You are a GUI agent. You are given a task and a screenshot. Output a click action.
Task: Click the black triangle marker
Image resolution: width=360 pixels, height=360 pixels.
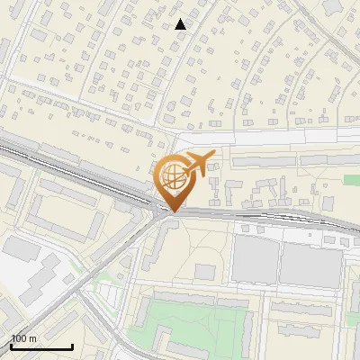point(181,24)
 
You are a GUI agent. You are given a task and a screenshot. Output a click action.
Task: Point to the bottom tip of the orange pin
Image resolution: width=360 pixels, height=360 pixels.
point(172,212)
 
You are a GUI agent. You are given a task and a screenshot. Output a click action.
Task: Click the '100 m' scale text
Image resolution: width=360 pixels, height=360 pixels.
point(23,338)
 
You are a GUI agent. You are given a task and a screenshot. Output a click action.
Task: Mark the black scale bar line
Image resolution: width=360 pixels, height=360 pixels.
point(41,346)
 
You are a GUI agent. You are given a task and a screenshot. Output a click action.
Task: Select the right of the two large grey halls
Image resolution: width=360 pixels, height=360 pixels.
point(310,265)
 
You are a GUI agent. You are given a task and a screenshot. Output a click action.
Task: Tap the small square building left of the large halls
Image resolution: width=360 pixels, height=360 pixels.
point(206,272)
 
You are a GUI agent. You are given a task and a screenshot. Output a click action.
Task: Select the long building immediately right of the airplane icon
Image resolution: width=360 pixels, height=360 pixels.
point(270,162)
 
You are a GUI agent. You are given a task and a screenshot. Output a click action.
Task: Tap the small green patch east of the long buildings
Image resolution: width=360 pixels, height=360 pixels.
point(351,180)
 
